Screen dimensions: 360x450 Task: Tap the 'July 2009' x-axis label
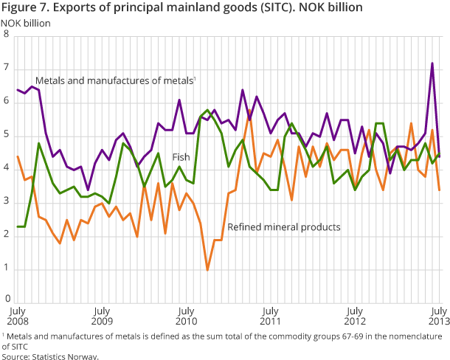(x=102, y=317)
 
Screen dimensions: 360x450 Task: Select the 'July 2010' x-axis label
(x=186, y=317)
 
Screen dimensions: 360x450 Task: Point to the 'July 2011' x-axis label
(x=271, y=317)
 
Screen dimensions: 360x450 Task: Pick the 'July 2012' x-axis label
(x=355, y=317)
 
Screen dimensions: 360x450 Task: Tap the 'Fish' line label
(x=181, y=157)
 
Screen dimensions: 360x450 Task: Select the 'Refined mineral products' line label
(x=284, y=227)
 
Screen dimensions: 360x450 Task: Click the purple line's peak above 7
(x=432, y=63)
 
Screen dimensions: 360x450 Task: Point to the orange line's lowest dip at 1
(x=207, y=269)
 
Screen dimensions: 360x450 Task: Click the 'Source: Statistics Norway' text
(x=49, y=356)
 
